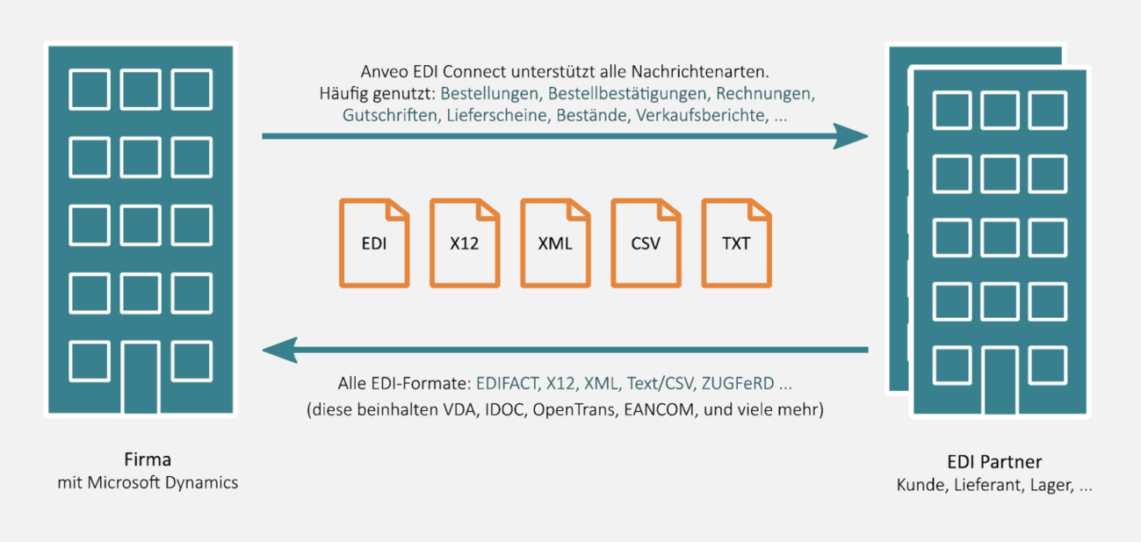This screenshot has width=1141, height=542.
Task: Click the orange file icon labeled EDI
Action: (x=374, y=243)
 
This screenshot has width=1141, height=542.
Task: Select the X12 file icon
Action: (x=465, y=243)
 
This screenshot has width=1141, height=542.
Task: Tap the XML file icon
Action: (x=555, y=243)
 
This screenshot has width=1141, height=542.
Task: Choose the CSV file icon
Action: (x=646, y=243)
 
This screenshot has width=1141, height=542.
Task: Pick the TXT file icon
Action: (x=736, y=243)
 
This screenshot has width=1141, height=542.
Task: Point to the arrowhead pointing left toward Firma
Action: (x=279, y=350)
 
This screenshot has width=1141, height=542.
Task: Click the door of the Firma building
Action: (x=141, y=377)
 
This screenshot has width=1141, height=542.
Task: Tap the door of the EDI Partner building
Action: (x=1000, y=379)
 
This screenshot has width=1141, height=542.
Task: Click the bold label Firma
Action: (x=148, y=459)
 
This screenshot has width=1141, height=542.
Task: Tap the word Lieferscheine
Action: (x=497, y=115)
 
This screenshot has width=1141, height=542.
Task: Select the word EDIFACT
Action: (x=509, y=384)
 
